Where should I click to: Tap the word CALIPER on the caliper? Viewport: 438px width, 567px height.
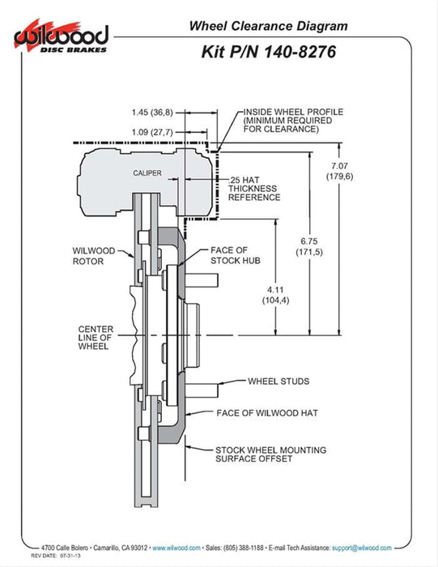(x=148, y=173)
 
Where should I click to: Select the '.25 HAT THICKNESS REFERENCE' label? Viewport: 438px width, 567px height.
(x=254, y=188)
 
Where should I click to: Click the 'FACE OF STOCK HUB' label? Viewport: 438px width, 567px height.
(x=236, y=257)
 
